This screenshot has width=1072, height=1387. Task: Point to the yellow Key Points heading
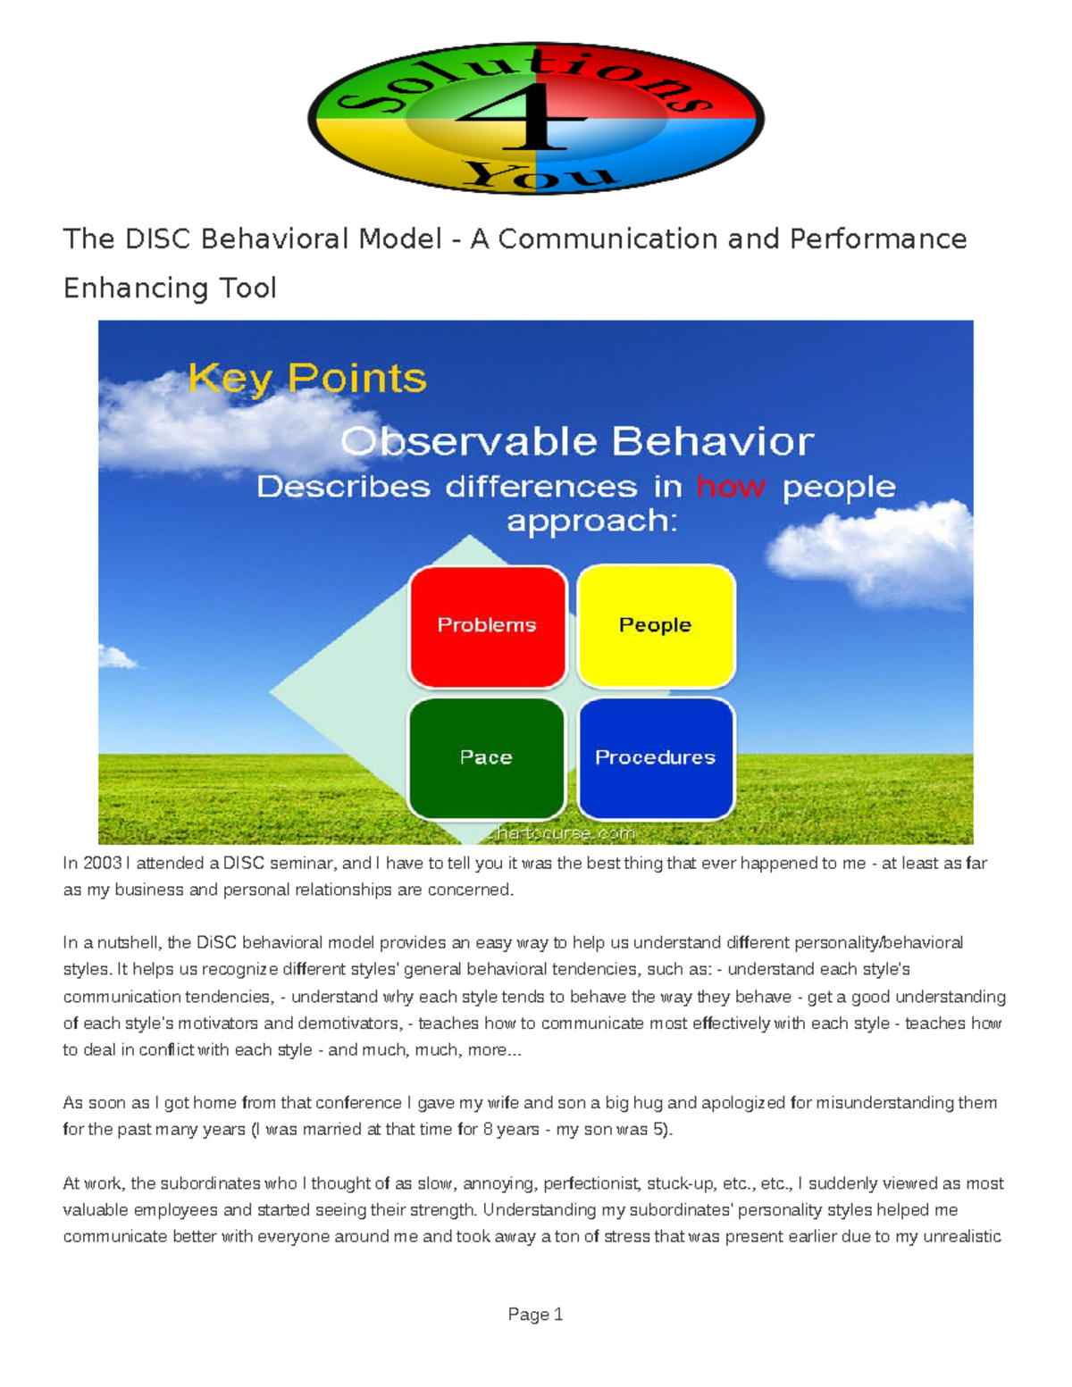tap(307, 379)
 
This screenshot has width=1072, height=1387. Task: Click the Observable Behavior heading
tap(577, 442)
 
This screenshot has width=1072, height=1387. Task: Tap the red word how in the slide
tap(730, 487)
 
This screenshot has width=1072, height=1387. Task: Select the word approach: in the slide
tap(591, 521)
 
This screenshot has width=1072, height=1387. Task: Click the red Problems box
tap(487, 625)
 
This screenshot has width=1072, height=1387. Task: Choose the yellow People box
tap(656, 625)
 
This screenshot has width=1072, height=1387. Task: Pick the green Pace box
tap(486, 757)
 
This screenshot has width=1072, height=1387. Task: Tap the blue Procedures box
tap(656, 757)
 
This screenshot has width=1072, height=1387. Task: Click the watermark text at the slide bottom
tap(563, 833)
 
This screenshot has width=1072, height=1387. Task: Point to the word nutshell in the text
tap(129, 942)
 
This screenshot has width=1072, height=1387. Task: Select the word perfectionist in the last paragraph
tap(591, 1183)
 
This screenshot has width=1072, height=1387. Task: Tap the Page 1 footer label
tap(535, 1314)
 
